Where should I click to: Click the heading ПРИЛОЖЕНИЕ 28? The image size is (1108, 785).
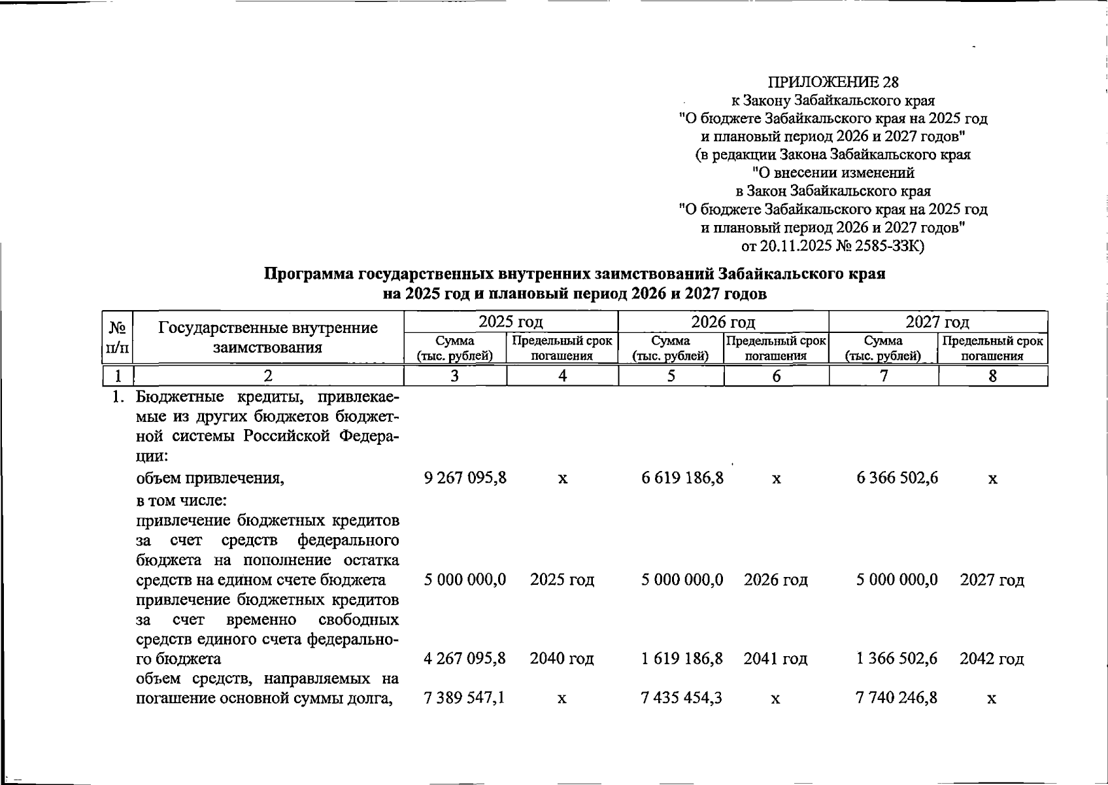coord(833,82)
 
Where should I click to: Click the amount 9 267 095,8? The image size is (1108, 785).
coord(465,478)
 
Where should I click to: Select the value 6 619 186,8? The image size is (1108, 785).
coord(682,478)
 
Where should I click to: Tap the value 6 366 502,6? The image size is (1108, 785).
coord(897,478)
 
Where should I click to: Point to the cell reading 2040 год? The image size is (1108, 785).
coord(562,659)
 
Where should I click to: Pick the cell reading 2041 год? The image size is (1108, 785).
coord(775,659)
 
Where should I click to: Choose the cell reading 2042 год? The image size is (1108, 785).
coord(992,659)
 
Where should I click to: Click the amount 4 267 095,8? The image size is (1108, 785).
coord(465,659)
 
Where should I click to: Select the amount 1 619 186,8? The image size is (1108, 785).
coord(682,659)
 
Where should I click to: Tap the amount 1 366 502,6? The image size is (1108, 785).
coord(897,659)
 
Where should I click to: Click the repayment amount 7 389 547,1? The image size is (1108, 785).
coord(464,698)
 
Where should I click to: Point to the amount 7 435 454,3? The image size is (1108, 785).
coord(682,698)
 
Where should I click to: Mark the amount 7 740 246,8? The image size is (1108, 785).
coord(897,698)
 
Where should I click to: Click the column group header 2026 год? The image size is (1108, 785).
coord(723,322)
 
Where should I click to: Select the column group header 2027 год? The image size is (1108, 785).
coord(937,322)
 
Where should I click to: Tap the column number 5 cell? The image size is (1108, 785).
coord(671,376)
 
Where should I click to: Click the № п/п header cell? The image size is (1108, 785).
coord(117,338)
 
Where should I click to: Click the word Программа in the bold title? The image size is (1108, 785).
coord(305,274)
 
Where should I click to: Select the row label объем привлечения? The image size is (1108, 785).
coord(210,478)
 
